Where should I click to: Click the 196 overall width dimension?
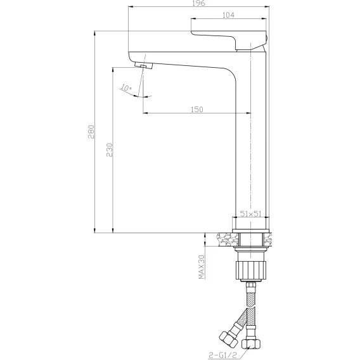tap(199, 3)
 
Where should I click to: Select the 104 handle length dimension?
tap(228, 15)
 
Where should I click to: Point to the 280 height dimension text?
tap(91, 132)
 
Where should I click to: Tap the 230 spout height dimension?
tap(110, 150)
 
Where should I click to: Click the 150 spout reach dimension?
tap(197, 109)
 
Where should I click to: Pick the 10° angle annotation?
tap(126, 88)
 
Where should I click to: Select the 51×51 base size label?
tap(251, 214)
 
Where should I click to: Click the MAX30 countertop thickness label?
tap(202, 267)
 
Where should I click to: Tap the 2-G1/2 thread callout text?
tap(222, 355)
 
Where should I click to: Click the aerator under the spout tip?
tap(144, 65)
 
